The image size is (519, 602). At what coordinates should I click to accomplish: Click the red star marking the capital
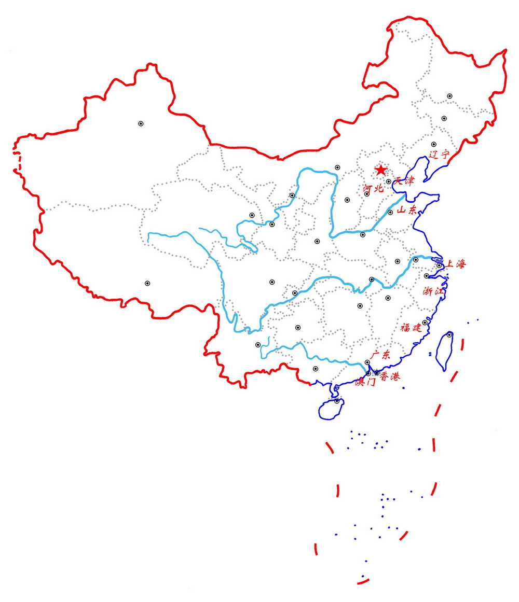[381, 170]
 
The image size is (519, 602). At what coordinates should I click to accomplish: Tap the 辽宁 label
[439, 155]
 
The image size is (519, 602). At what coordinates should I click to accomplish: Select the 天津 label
[405, 181]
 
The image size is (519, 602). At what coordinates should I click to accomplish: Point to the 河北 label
[373, 188]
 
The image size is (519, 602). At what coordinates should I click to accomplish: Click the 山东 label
[406, 210]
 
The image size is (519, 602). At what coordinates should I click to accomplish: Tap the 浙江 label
[433, 291]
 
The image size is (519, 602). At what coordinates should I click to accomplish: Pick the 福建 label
[411, 327]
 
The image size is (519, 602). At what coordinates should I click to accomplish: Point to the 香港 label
[390, 377]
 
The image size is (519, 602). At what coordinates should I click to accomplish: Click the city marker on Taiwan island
[449, 335]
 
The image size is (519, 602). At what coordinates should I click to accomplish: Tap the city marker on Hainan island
[336, 400]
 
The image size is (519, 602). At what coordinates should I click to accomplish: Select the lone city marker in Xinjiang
[141, 123]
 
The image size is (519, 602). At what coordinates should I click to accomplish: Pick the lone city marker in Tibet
[147, 283]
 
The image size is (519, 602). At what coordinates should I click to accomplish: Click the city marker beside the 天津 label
[388, 181]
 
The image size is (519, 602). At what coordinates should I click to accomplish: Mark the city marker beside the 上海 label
[439, 265]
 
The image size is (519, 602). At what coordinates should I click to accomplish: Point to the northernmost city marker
[449, 96]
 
